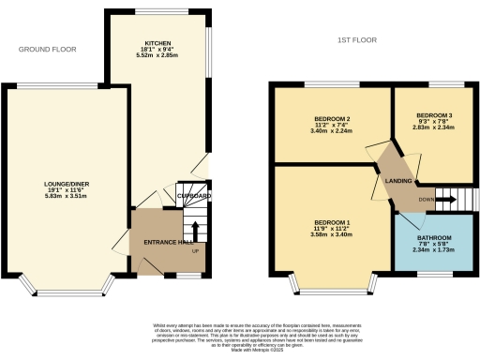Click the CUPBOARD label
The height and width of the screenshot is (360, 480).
point(194,196)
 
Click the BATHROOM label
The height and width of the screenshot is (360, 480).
point(433,237)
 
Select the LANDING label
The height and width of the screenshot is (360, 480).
point(392,170)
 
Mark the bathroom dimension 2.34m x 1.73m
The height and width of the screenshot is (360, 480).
point(433,250)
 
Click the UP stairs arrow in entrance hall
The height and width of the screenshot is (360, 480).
point(194,230)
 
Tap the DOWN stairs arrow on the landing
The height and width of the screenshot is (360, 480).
point(446,199)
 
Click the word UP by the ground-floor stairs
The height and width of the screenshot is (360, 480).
point(194,252)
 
